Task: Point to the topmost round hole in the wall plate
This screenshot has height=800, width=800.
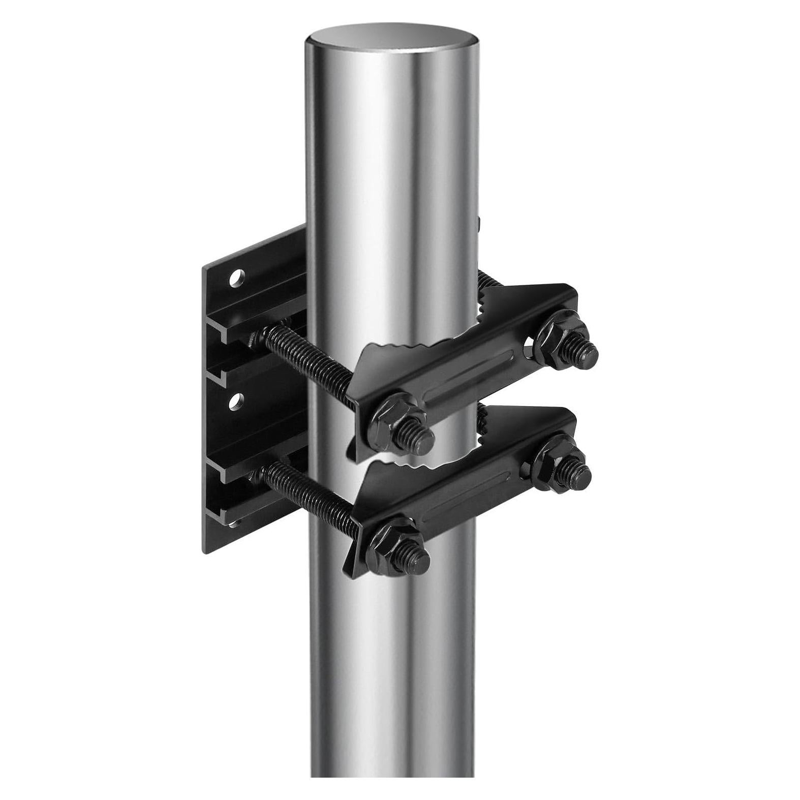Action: pyautogui.click(x=236, y=278)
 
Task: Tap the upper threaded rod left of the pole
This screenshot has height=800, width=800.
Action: pyautogui.click(x=300, y=356)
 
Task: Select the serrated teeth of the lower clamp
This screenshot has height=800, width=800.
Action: pyautogui.click(x=407, y=465)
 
